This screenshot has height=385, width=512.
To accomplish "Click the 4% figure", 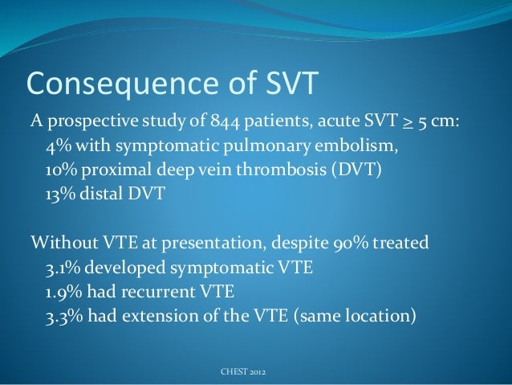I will pos(57,148).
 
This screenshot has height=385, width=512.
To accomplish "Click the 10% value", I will pos(60,173).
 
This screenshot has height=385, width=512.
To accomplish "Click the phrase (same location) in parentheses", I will pos(356,316).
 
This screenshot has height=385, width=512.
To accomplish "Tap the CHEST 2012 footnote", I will pos(244,373).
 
